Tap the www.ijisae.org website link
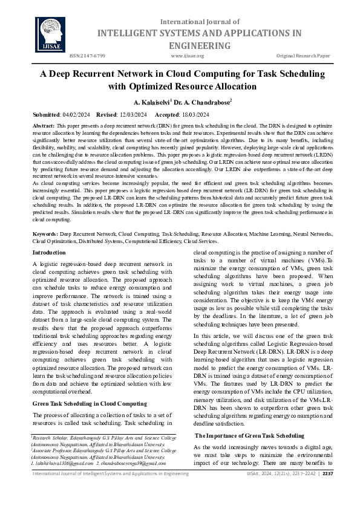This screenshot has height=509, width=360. tap(188, 56)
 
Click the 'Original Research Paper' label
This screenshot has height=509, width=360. tap(303, 56)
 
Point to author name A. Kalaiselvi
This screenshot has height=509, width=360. tap(151, 102)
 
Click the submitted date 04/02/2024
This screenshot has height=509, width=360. tap(76, 114)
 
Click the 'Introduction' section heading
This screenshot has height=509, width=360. tap(49, 251)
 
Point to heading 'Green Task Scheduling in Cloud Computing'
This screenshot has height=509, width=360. tap(90, 403)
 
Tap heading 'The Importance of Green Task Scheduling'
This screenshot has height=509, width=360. tap(249, 435)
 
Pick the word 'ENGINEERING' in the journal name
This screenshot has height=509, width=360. tap(191, 46)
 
